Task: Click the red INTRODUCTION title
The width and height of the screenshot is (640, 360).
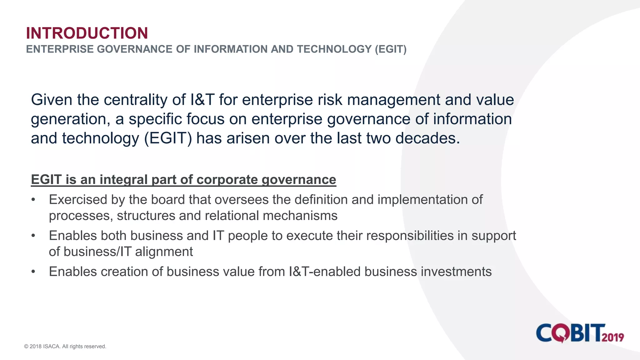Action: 87,33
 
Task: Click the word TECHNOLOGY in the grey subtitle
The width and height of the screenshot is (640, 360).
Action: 334,49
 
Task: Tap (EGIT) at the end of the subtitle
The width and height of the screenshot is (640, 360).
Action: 391,49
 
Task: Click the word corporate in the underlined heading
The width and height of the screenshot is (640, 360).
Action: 227,180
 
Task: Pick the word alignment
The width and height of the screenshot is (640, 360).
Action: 164,252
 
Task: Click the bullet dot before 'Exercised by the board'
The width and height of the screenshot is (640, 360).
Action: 33,200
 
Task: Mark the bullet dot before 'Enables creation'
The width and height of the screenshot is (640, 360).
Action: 33,272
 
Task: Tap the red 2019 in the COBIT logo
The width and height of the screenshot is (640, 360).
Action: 613,337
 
